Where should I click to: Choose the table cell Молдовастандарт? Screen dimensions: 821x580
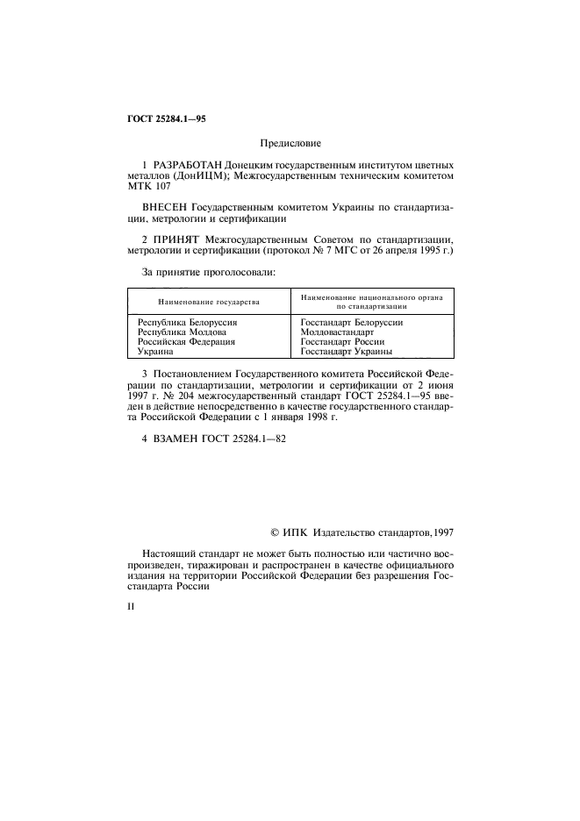(x=337, y=332)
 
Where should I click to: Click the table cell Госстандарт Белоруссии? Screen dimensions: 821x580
(x=351, y=323)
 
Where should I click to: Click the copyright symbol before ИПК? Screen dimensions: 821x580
(x=274, y=531)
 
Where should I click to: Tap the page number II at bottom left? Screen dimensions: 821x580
(x=131, y=605)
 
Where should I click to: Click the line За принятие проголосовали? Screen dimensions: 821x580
(x=208, y=272)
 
